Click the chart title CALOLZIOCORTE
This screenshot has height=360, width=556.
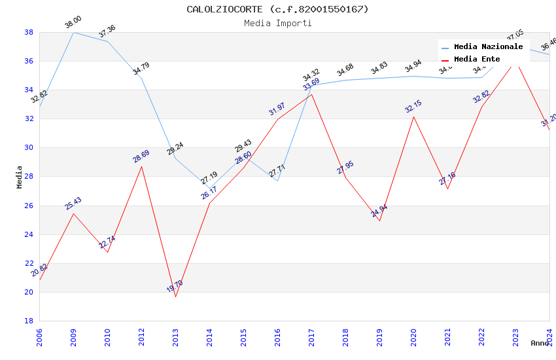pos(277,9)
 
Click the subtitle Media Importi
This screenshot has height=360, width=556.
pos(277,23)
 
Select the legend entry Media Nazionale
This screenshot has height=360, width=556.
pos(488,47)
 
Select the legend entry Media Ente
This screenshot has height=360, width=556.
pos(477,59)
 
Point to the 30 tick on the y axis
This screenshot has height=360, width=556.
pos(29,148)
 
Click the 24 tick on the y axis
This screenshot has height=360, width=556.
pos(29,234)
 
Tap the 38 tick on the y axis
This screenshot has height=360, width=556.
pos(29,32)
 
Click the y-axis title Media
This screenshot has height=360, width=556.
pos(20,177)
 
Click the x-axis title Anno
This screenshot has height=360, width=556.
pos(540,343)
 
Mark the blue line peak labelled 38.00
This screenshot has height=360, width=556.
pos(73,32)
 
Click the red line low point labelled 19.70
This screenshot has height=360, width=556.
pos(175,297)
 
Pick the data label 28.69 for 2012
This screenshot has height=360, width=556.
pos(141,156)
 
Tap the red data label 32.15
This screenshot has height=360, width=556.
pos(413,107)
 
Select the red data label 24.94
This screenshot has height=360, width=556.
pos(379,211)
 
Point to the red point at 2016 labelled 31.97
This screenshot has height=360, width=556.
pos(277,119)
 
